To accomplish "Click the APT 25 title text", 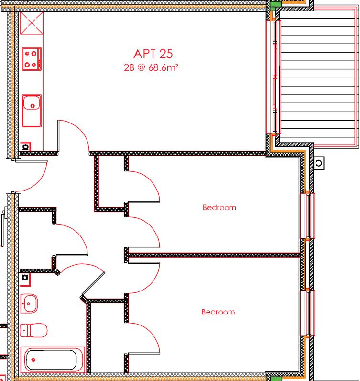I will coord(153,53).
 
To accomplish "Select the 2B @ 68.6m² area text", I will coord(151,67).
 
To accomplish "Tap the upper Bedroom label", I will coord(219,208).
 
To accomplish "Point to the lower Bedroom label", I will coord(218,312).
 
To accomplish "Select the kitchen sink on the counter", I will coord(32,105).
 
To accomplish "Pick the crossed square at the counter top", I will coord(32,23).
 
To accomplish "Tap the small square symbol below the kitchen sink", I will coord(25,147).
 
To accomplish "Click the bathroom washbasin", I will coord(30,303).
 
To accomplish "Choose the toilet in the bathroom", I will coord(33,330).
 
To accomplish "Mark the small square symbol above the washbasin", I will coord(25,277).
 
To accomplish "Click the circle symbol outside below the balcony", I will coord(319,163).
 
